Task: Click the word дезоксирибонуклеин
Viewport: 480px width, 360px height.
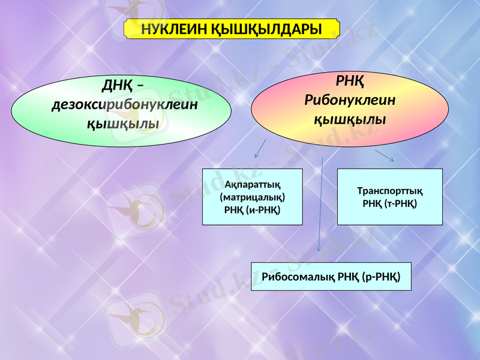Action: [x=125, y=105]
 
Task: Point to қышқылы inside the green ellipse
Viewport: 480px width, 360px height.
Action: [x=123, y=124]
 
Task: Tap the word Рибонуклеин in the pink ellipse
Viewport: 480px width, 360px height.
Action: [x=350, y=100]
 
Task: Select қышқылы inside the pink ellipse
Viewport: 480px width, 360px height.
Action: [x=350, y=119]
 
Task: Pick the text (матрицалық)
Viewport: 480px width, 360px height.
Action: [x=252, y=196]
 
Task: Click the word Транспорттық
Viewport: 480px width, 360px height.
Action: [x=389, y=191]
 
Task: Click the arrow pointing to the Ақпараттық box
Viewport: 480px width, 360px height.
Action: [x=260, y=148]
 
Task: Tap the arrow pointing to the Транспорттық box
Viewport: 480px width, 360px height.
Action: [x=385, y=155]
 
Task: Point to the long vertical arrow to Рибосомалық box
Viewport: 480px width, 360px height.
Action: [x=320, y=204]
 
